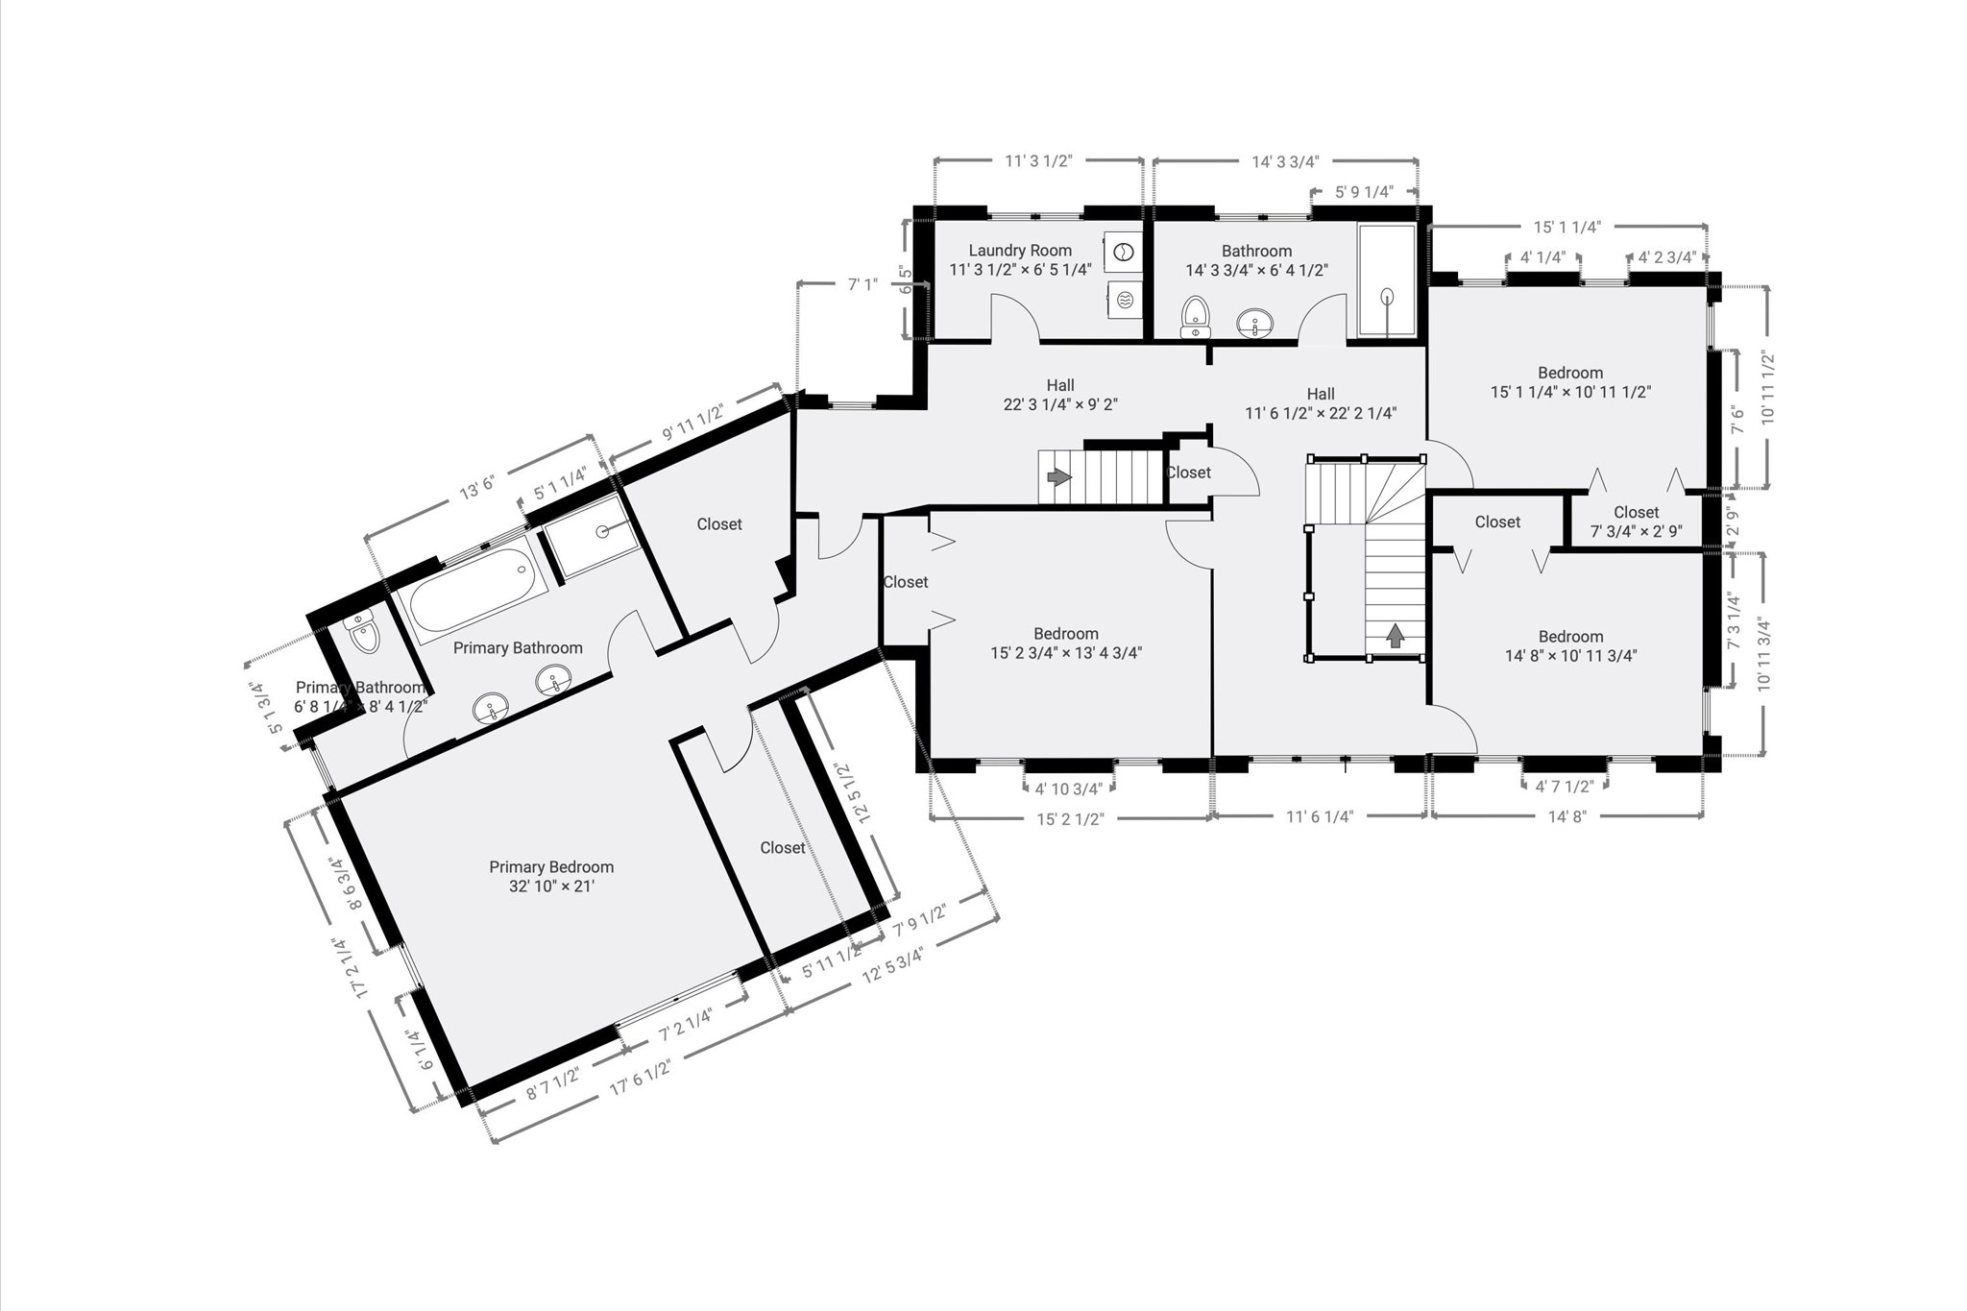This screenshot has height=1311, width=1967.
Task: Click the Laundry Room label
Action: point(1019,251)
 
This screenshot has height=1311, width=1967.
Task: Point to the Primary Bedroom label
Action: point(550,867)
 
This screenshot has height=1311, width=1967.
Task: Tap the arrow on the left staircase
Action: point(1058,476)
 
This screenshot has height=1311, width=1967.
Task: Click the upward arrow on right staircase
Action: point(1395,634)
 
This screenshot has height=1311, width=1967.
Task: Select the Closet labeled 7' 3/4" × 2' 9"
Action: point(1636,522)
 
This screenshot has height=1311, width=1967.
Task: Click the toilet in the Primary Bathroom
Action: point(363,634)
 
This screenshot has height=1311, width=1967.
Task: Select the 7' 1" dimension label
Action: point(862,284)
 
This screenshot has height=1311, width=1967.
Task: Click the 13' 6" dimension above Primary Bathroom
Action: point(476,490)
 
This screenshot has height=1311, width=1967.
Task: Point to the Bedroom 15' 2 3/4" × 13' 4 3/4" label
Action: point(1066,643)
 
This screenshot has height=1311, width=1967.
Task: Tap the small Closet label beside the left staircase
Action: point(1188,473)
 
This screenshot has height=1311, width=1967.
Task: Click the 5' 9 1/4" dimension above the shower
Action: point(1364,192)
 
